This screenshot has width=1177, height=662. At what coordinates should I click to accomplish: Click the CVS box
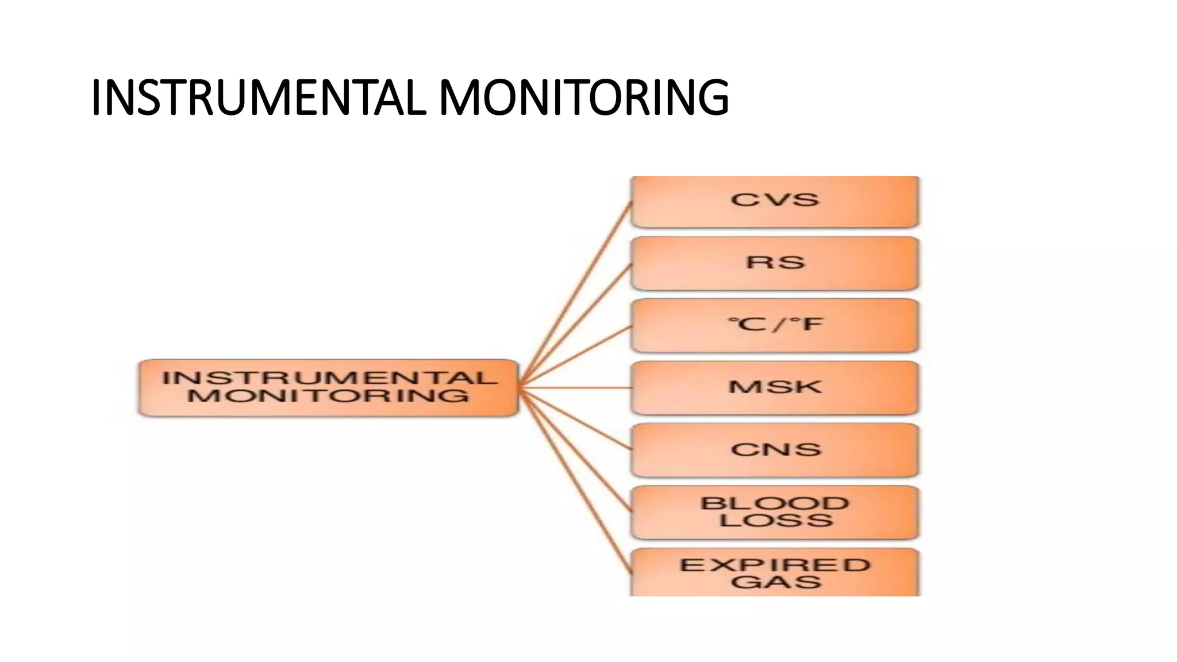[x=775, y=201]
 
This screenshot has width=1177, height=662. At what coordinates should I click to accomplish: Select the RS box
[x=775, y=263]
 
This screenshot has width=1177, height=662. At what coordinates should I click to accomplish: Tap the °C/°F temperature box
[x=775, y=325]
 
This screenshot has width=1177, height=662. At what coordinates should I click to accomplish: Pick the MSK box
[x=775, y=387]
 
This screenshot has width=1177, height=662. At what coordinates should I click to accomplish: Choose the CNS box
[x=775, y=449]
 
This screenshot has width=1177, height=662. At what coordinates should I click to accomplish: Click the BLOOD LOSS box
[x=775, y=511]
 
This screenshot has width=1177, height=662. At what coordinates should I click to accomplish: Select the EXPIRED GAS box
[x=775, y=572]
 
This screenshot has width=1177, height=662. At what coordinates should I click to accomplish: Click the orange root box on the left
[x=328, y=387]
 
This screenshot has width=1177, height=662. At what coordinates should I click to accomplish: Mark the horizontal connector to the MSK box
[x=575, y=388]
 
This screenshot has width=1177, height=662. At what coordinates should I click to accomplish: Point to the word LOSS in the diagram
[x=776, y=521]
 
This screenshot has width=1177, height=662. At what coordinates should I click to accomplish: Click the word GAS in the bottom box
[x=776, y=582]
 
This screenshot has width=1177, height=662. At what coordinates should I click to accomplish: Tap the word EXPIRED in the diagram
[x=775, y=565]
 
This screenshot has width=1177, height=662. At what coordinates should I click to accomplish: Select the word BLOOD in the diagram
[x=775, y=503]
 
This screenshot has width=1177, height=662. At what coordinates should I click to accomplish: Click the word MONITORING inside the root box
[x=328, y=396]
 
